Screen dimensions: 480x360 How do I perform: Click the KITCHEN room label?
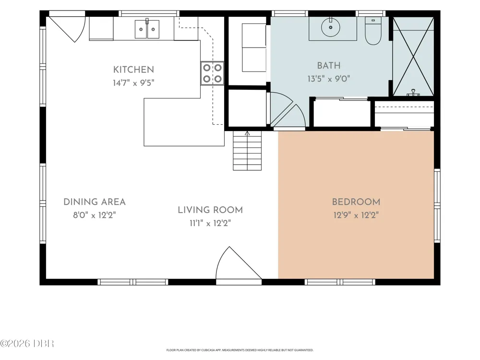[133, 70]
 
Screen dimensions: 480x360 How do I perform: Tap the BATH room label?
[328, 65]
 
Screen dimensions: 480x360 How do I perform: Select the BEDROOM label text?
[356, 202]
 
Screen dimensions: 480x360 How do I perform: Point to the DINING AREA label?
[94, 202]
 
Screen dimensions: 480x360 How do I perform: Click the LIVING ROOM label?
[210, 210]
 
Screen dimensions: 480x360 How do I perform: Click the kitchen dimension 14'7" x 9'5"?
[133, 83]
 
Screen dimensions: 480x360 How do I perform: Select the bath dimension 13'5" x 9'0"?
[328, 79]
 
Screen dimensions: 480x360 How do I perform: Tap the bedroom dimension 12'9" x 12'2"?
[356, 215]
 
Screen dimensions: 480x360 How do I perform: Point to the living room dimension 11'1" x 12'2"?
[210, 223]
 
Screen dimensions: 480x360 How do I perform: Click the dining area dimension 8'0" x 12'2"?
[94, 215]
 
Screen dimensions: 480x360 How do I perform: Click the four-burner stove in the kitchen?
[212, 73]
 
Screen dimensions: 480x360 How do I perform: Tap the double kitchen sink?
[147, 29]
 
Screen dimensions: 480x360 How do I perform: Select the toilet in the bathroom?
[372, 31]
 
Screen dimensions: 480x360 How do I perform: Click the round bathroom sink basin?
[331, 27]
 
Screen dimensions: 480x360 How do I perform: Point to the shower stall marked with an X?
[413, 56]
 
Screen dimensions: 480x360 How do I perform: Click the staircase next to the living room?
[247, 151]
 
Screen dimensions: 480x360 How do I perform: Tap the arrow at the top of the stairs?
[247, 133]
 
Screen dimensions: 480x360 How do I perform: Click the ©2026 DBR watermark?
[27, 344]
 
